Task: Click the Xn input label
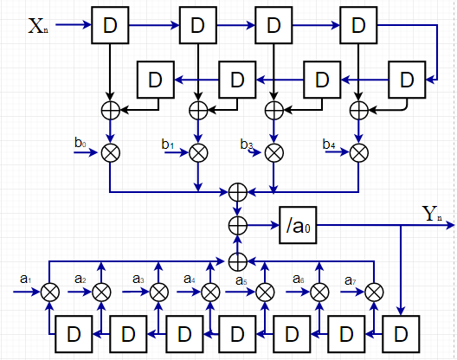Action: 38,26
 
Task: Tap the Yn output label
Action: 432,214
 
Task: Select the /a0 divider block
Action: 298,225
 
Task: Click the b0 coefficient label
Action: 80,143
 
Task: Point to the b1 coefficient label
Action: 168,144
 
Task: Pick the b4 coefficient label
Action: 329,144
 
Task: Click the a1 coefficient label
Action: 26,279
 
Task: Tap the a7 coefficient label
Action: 350,280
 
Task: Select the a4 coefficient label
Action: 190,279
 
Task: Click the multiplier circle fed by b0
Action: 111,153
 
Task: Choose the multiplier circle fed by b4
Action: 359,153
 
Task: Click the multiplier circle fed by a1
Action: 50,292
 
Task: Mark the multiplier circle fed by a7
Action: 374,292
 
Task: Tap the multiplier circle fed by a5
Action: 265,292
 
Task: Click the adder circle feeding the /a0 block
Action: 238,225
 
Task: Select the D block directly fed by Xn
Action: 110,25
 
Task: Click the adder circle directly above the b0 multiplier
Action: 111,111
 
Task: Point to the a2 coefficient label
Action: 80,279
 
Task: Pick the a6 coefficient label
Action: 299,279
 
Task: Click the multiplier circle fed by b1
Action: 198,153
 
